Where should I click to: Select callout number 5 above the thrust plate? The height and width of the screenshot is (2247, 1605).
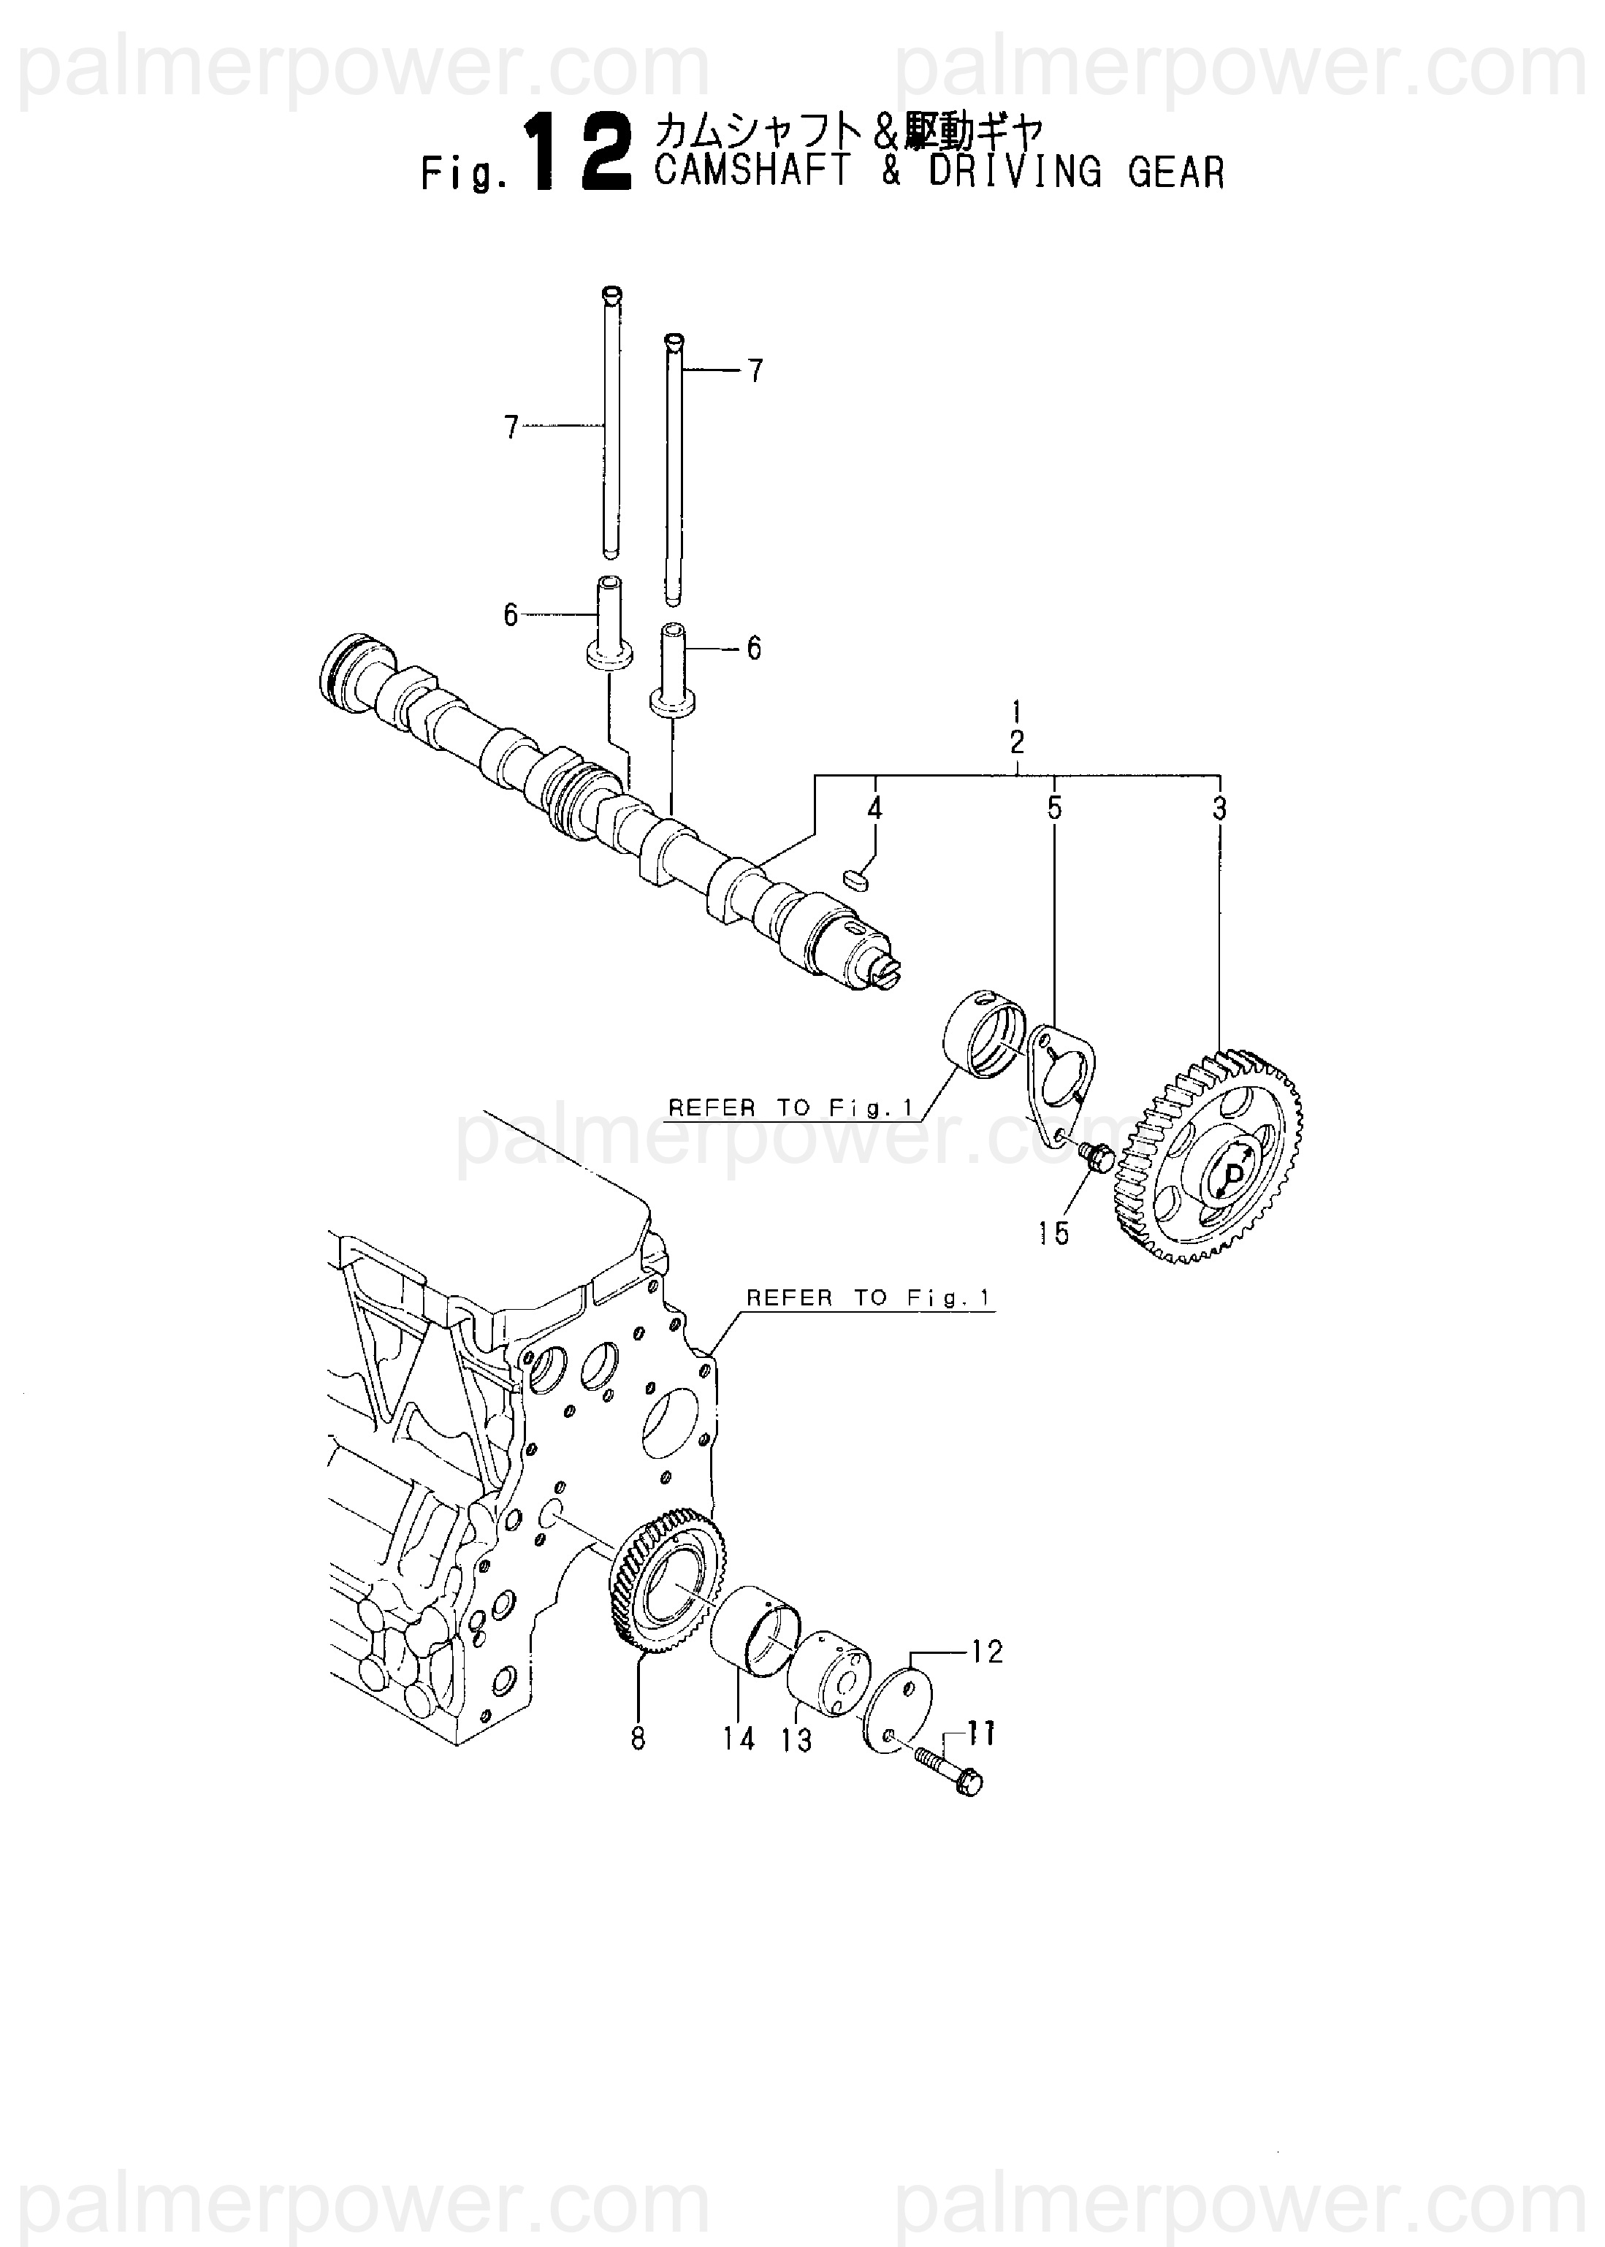pyautogui.click(x=1054, y=808)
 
